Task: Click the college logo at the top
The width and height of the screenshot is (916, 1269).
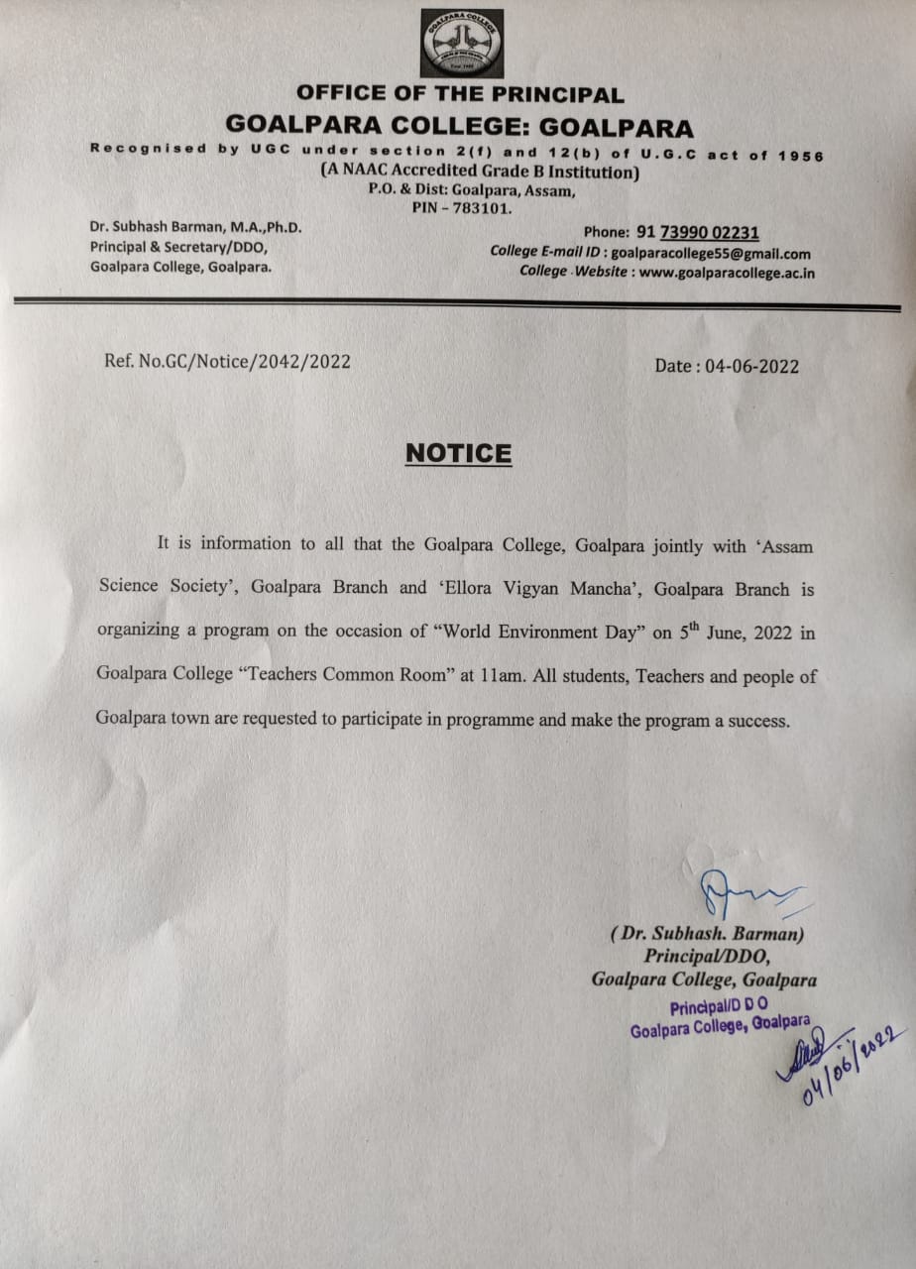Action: [461, 43]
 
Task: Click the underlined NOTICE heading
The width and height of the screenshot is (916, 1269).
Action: [458, 453]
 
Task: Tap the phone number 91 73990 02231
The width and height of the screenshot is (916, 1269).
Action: [698, 233]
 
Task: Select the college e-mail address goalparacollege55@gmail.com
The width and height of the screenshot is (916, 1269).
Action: [711, 253]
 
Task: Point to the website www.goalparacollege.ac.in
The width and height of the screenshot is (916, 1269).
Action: [727, 272]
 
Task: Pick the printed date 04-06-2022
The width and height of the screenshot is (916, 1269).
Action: [752, 366]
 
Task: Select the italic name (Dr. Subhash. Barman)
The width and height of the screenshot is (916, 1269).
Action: [707, 934]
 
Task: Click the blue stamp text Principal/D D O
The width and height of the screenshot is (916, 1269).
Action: [719, 1008]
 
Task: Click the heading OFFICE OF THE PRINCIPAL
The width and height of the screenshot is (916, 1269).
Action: [460, 95]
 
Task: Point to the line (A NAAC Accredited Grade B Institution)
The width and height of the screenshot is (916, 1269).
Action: [479, 172]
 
